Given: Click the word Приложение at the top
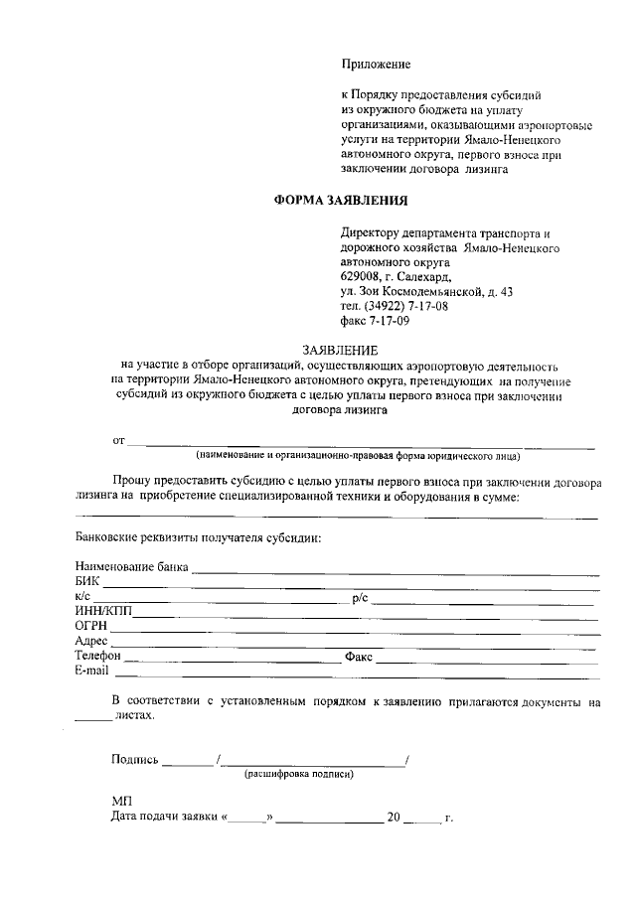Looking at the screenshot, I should (376, 65).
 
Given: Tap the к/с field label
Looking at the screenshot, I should (82, 597).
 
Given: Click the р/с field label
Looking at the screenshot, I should (361, 598).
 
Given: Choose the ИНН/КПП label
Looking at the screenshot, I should (102, 612).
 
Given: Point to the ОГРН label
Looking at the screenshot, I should (91, 627).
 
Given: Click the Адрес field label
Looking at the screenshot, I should (91, 642).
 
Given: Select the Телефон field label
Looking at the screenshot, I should (98, 657).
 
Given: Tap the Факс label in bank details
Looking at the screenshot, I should (359, 657).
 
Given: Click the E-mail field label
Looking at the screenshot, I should (91, 672).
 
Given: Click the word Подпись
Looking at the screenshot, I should (135, 760).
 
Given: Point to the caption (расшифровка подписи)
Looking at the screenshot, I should (299, 774).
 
